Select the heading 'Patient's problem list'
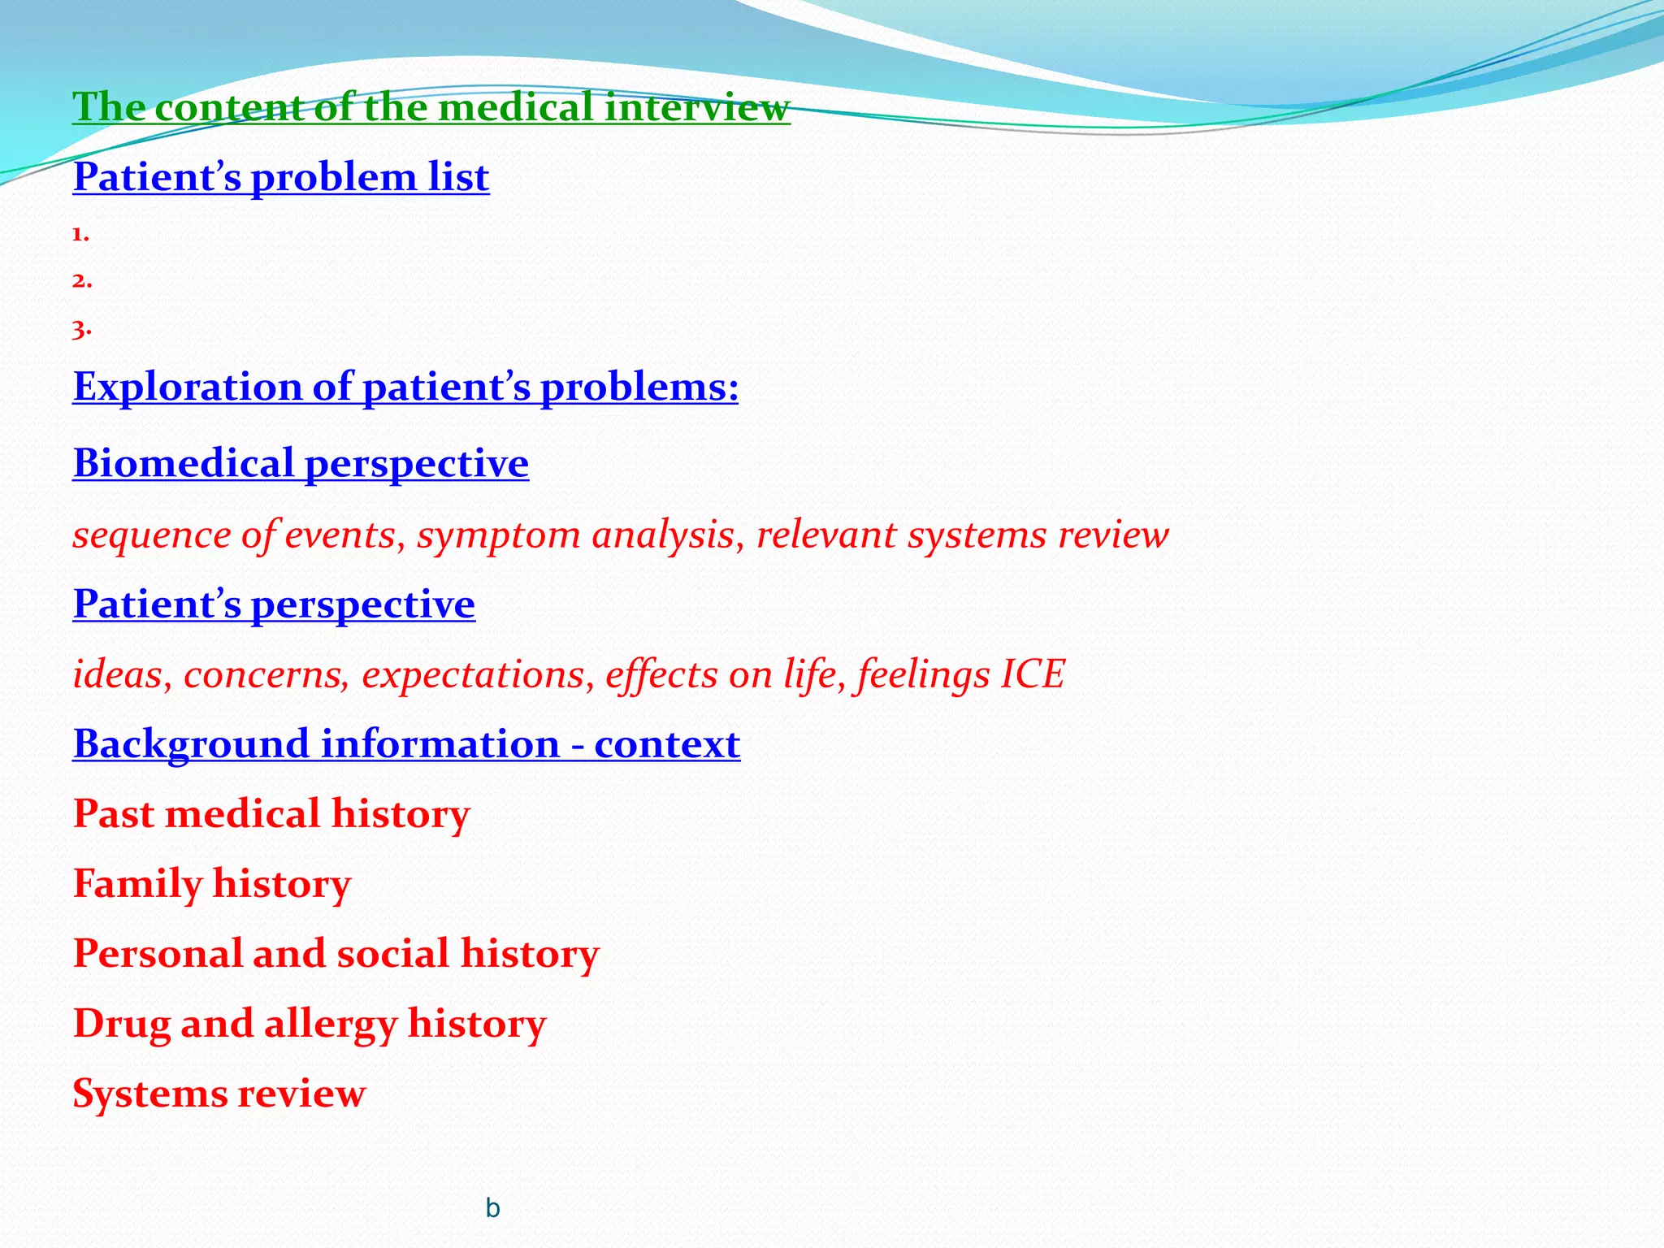point(281,177)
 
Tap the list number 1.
point(80,235)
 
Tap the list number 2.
point(81,281)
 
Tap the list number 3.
point(81,329)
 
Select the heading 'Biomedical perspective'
point(301,463)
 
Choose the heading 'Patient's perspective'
point(274,604)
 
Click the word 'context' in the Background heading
point(666,744)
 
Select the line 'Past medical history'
point(271,814)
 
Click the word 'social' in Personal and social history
point(392,954)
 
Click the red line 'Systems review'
point(219,1094)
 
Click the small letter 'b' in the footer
point(492,1209)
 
